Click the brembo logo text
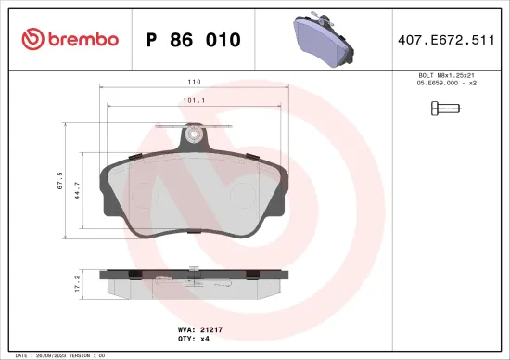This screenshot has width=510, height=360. (x=76, y=39)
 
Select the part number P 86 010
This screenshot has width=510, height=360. (x=194, y=40)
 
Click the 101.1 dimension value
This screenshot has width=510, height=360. (x=193, y=102)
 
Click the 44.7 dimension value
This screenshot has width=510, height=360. (x=78, y=189)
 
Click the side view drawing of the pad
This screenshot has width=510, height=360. (x=193, y=285)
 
